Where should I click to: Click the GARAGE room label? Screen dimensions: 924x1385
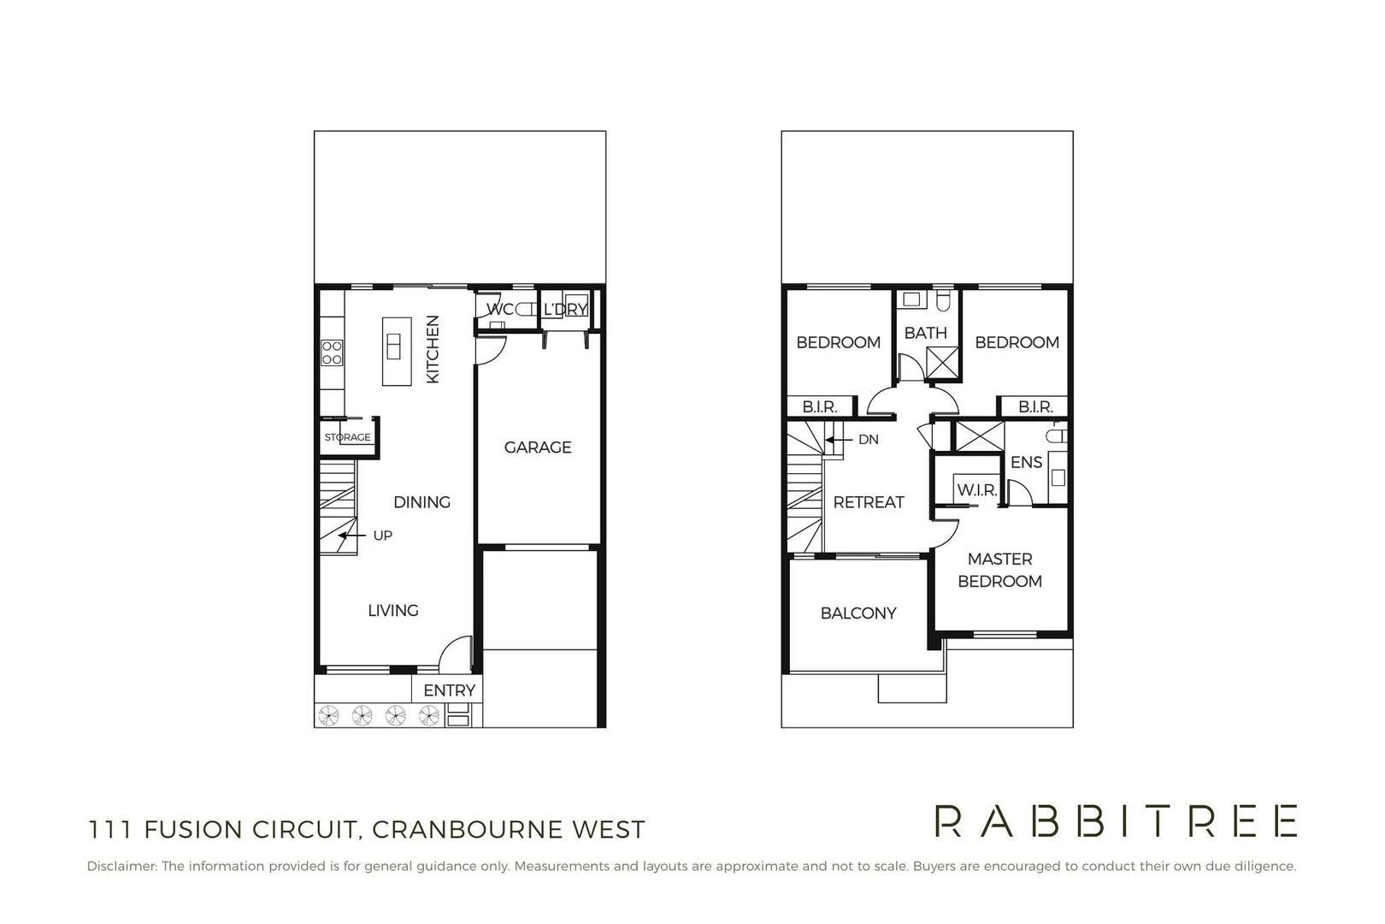[x=538, y=447]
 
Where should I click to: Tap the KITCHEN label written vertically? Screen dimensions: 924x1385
[x=433, y=349]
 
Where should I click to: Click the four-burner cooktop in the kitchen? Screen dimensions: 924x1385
[x=332, y=352]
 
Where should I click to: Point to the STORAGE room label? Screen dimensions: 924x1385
[x=347, y=437]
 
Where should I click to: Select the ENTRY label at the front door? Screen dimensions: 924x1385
[x=449, y=690]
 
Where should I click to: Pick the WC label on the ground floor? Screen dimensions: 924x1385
[x=499, y=309]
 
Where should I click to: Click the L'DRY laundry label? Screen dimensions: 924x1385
[x=565, y=309]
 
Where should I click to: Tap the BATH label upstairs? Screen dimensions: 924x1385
[x=925, y=333]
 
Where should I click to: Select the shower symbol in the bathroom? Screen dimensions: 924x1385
[x=942, y=364]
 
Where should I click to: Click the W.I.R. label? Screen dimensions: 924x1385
[x=976, y=490]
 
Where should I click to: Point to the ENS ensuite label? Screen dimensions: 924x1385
[x=1026, y=462]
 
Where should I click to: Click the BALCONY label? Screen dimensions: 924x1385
[x=858, y=613]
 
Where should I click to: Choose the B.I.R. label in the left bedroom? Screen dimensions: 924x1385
[x=819, y=407]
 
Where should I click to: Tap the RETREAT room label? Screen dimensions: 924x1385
[x=869, y=502]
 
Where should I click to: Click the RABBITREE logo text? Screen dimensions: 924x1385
[x=1116, y=821]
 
